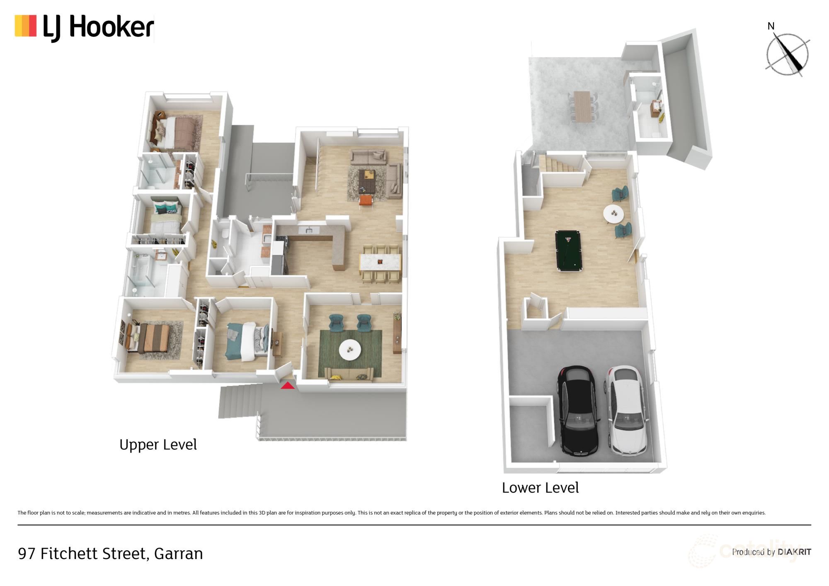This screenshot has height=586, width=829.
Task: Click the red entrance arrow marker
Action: (288, 386)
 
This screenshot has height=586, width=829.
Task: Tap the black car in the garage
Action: (579, 411)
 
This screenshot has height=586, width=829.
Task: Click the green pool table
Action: (569, 251)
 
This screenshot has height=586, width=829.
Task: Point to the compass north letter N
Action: (771, 26)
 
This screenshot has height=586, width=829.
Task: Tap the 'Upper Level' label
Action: (158, 445)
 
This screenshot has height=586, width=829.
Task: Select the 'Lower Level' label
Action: (540, 488)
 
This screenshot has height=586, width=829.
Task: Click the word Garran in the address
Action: (179, 554)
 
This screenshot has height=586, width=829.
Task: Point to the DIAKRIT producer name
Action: (794, 552)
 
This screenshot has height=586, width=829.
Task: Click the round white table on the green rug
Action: (350, 350)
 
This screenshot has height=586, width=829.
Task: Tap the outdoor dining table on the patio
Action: (583, 107)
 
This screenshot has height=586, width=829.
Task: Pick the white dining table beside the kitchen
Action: (380, 262)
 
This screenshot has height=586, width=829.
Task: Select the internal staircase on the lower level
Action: (562, 163)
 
